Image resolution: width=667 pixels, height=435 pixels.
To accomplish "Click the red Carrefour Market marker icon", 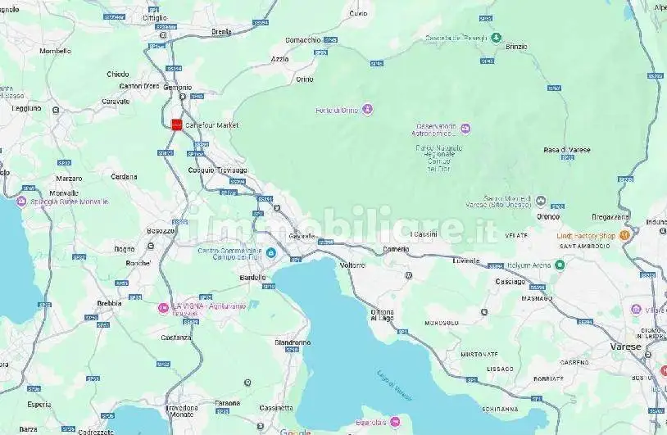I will click(x=175, y=125).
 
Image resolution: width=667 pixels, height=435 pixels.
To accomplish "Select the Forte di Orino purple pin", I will click(x=368, y=109).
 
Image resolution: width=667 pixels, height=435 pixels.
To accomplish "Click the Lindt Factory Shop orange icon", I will click(x=624, y=236).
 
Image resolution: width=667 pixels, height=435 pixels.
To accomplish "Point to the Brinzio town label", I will click(x=516, y=47).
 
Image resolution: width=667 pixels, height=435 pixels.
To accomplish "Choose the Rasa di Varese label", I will click(x=566, y=150).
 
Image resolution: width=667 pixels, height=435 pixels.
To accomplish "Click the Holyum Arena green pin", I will click(x=560, y=265).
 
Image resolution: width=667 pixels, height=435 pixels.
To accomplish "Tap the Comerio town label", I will click(x=396, y=249).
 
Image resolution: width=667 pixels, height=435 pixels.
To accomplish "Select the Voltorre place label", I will click(x=352, y=265).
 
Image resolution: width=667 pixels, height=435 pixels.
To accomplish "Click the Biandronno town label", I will click(x=293, y=342).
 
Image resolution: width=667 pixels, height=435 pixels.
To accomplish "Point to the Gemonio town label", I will click(x=178, y=87).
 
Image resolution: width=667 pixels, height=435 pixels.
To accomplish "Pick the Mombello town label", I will click(x=55, y=51).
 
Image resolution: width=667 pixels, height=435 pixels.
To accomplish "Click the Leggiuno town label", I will click(x=26, y=107).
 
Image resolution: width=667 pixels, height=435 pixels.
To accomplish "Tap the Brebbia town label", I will click(x=109, y=303).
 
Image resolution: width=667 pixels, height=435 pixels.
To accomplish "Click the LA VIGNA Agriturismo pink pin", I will click(x=163, y=308).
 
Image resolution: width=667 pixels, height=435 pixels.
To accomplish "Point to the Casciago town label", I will click(x=510, y=282).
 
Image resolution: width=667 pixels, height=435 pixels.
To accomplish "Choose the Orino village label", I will click(x=305, y=79).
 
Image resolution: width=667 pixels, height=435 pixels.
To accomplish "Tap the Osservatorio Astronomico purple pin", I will click(x=465, y=128).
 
